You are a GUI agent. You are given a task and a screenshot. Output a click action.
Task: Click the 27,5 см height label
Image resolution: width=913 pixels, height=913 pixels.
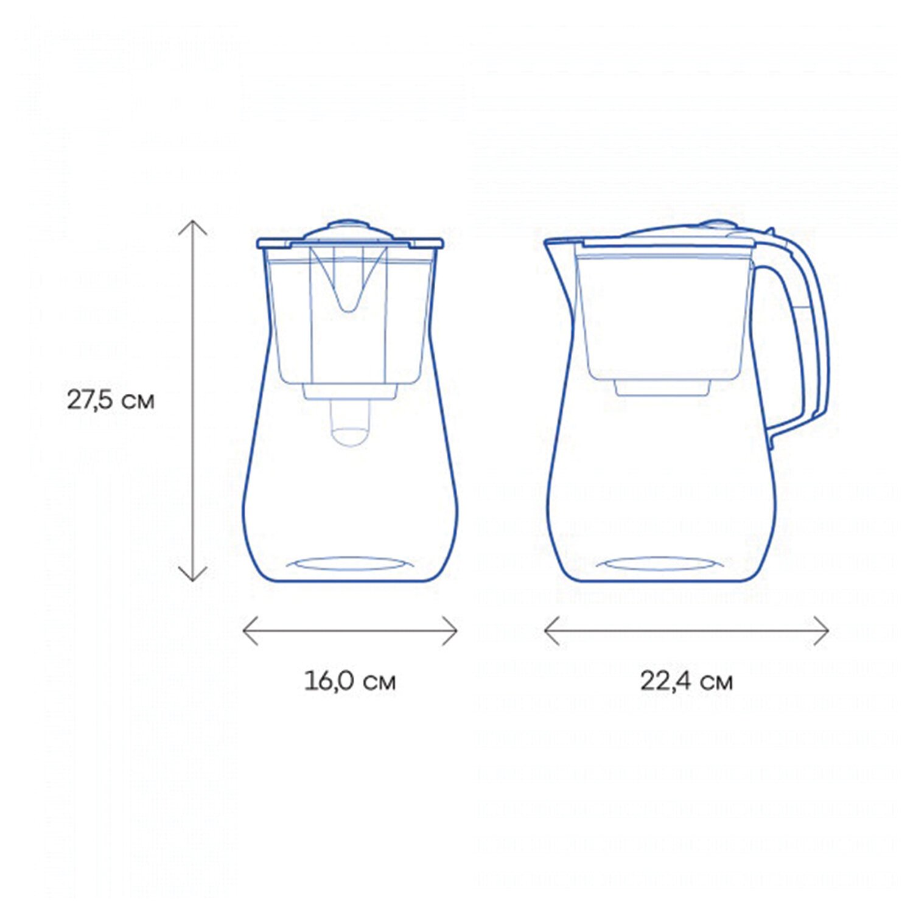pos(111,401)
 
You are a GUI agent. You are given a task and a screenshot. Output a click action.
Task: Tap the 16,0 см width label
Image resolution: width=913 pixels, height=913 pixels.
pos(350,680)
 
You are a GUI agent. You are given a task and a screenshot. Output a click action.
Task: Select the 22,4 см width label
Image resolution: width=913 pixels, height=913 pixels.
pos(686,680)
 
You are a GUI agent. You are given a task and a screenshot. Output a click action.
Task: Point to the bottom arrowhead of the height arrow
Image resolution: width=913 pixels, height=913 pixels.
pos(193,575)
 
